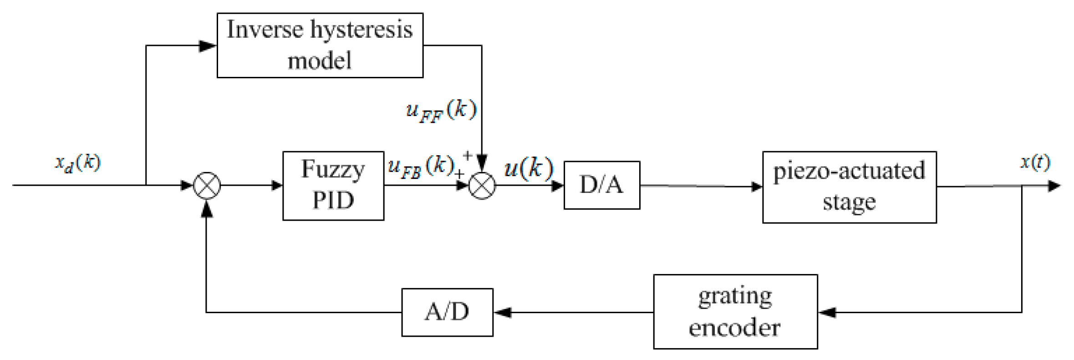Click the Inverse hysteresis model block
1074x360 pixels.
320,45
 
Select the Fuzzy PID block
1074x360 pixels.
333,186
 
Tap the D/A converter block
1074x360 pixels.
601,185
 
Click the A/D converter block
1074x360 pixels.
447,312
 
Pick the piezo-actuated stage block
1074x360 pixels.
849,187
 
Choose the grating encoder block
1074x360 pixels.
735,312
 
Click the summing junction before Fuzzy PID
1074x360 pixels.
207,186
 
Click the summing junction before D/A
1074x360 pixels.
482,186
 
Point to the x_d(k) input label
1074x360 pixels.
78,163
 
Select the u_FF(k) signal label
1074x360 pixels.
441,111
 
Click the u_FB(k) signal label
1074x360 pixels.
421,167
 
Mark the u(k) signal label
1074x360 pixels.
528,169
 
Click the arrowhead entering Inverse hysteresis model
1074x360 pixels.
208,46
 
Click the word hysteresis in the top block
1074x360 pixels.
361,30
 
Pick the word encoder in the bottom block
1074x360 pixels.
734,328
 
